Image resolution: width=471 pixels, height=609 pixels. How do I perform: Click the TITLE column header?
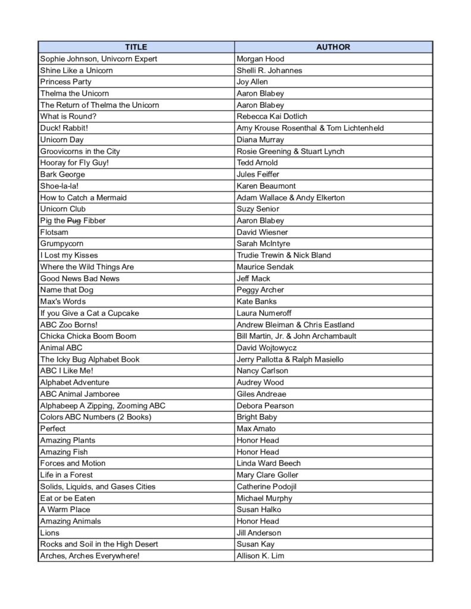click(x=136, y=47)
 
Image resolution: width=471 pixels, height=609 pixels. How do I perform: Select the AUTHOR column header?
click(x=333, y=47)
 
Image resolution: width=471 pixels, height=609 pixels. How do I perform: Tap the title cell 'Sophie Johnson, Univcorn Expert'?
click(x=98, y=59)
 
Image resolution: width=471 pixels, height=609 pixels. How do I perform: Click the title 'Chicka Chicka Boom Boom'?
click(x=88, y=336)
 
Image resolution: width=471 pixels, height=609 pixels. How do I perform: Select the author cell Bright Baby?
click(x=257, y=417)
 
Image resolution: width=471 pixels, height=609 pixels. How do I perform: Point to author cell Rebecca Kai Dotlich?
click(x=272, y=117)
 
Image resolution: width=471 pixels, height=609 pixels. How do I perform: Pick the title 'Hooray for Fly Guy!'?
click(x=74, y=163)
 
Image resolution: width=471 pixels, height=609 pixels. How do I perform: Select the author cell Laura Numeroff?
click(x=263, y=313)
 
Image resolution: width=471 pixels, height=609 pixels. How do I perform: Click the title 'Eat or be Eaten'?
click(x=67, y=498)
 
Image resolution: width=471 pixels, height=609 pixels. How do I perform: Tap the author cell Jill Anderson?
click(x=258, y=533)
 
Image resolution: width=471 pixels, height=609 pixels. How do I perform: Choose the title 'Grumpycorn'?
click(x=61, y=244)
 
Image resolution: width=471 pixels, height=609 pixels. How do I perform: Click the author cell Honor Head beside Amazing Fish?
click(x=257, y=452)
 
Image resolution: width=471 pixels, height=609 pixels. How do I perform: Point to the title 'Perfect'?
click(x=52, y=429)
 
